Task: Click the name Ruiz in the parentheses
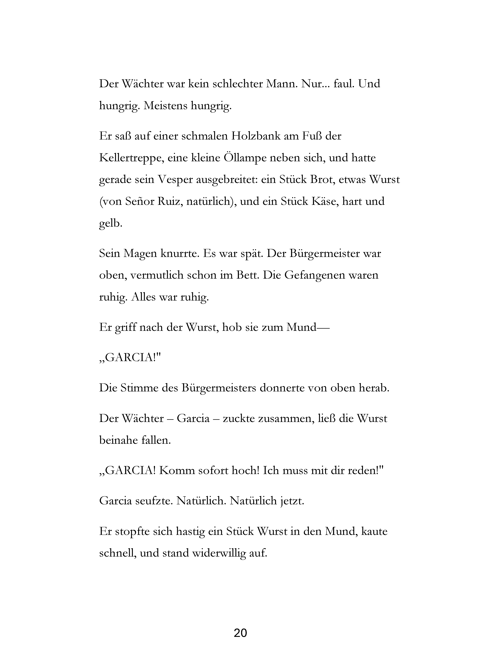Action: click(169, 202)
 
